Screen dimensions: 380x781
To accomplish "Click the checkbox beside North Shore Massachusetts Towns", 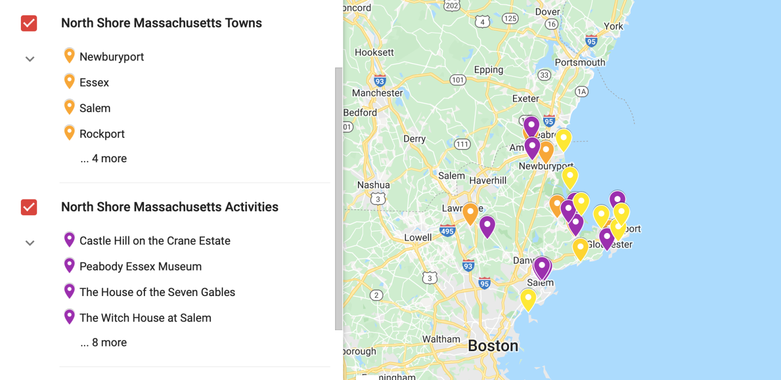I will (x=29, y=23).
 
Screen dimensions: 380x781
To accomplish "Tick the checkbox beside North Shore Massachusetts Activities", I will (x=29, y=207).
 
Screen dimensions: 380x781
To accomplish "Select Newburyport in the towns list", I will (x=111, y=56).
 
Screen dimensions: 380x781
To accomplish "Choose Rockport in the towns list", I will (x=102, y=134).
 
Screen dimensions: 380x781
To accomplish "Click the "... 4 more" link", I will (x=103, y=159).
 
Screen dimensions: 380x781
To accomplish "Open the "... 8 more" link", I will (x=103, y=343).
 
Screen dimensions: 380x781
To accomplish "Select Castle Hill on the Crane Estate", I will (x=155, y=241).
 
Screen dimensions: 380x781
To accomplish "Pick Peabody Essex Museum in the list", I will (x=140, y=267).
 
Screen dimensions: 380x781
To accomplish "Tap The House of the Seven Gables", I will (x=157, y=292).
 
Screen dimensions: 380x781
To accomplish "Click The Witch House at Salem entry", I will (x=145, y=318).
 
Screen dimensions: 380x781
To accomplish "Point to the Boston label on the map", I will (x=493, y=346).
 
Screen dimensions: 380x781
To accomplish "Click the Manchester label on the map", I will (x=377, y=93).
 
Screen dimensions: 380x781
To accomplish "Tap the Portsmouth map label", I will (x=580, y=63).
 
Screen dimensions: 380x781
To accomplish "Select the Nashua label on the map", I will (x=373, y=185).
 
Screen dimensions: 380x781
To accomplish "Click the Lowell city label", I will (x=417, y=238).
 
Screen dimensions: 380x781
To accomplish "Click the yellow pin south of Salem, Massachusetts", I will (x=528, y=299).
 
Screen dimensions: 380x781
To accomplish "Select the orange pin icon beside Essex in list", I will (x=70, y=81).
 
